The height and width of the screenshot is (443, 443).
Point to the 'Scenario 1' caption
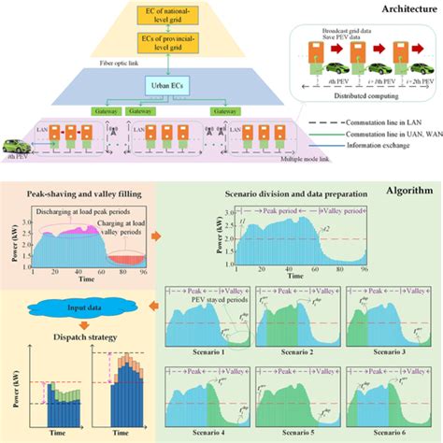pos(198,352)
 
